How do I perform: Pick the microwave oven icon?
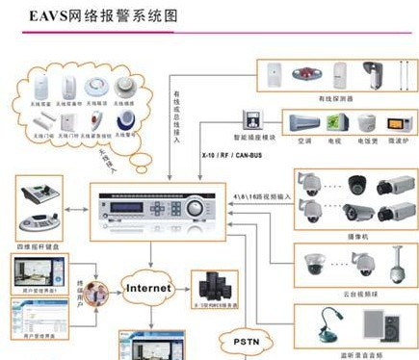[395, 123]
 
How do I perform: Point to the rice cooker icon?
[364, 123]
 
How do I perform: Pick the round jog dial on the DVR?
[197, 207]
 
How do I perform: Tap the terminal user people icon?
[93, 292]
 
